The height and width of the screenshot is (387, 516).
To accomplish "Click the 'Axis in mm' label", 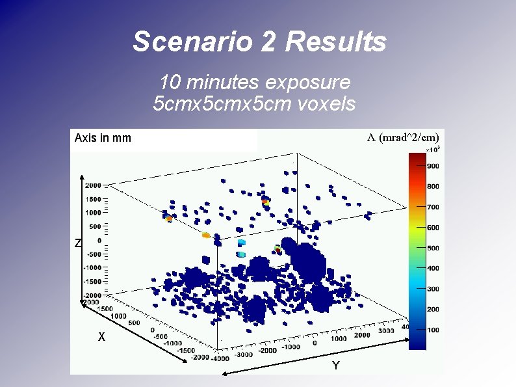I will [103, 138].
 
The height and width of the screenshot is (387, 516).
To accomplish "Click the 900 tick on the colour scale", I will [433, 166].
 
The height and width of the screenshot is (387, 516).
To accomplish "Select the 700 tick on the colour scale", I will [433, 207].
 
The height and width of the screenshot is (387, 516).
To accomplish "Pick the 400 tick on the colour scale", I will [433, 268].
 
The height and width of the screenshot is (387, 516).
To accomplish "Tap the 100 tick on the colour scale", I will [433, 330].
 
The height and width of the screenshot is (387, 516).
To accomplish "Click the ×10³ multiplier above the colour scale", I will [432, 150].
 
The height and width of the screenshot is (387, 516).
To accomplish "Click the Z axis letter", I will [77, 243].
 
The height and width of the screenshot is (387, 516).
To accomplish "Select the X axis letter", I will [101, 338].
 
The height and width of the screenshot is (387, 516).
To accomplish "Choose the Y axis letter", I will [335, 366].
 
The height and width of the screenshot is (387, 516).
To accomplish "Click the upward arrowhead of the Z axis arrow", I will [82, 176].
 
